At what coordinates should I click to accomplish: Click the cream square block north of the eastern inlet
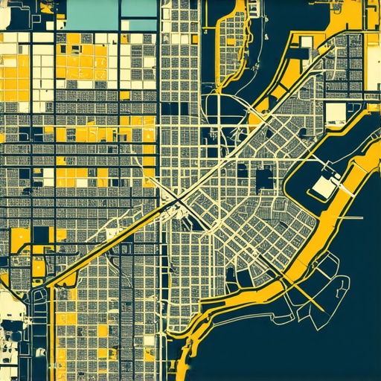[336, 114]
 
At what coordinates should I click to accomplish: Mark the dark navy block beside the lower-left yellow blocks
[40, 235]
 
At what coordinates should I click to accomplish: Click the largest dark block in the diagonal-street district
[264, 179]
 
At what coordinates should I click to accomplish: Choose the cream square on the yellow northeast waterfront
[304, 52]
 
